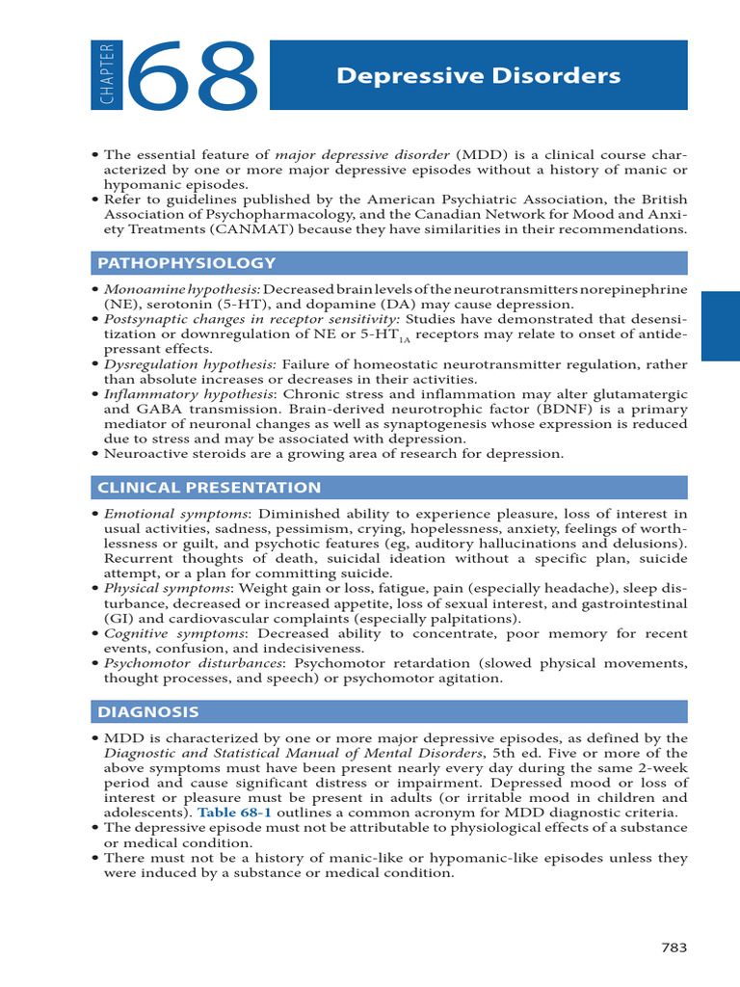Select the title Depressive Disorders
pos(478,76)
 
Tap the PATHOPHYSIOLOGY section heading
pos(185,262)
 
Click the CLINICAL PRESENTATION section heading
pos(209,488)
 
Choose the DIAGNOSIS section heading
pos(147,712)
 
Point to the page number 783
pos(674,947)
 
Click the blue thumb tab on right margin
pos(720,327)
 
